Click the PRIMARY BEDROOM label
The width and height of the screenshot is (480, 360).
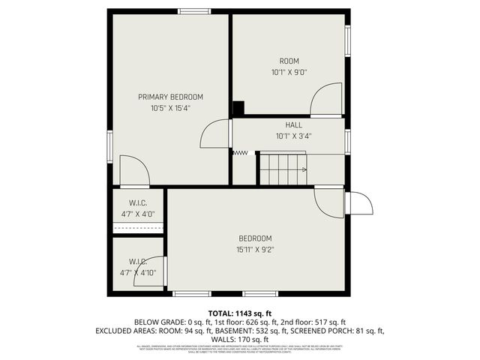tap(170, 97)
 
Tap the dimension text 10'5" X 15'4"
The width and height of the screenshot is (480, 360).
tap(170, 109)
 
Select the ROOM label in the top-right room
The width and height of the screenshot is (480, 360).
tap(289, 61)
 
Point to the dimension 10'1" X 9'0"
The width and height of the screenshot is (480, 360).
tap(289, 73)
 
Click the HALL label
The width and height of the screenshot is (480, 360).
tap(293, 125)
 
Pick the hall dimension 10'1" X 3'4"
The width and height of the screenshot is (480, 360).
tap(293, 136)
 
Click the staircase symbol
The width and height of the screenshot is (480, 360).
tap(283, 169)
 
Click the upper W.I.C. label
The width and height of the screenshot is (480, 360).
tap(138, 202)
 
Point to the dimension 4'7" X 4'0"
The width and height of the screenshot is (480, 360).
tap(138, 214)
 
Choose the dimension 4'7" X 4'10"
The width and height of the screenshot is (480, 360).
tap(138, 273)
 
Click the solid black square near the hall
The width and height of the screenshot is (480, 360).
tap(238, 108)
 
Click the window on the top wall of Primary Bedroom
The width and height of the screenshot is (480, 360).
tap(193, 10)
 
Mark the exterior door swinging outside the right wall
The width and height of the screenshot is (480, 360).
tap(358, 204)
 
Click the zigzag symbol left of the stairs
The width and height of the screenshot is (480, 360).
tap(240, 153)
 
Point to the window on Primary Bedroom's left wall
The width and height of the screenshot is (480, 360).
tap(110, 145)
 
